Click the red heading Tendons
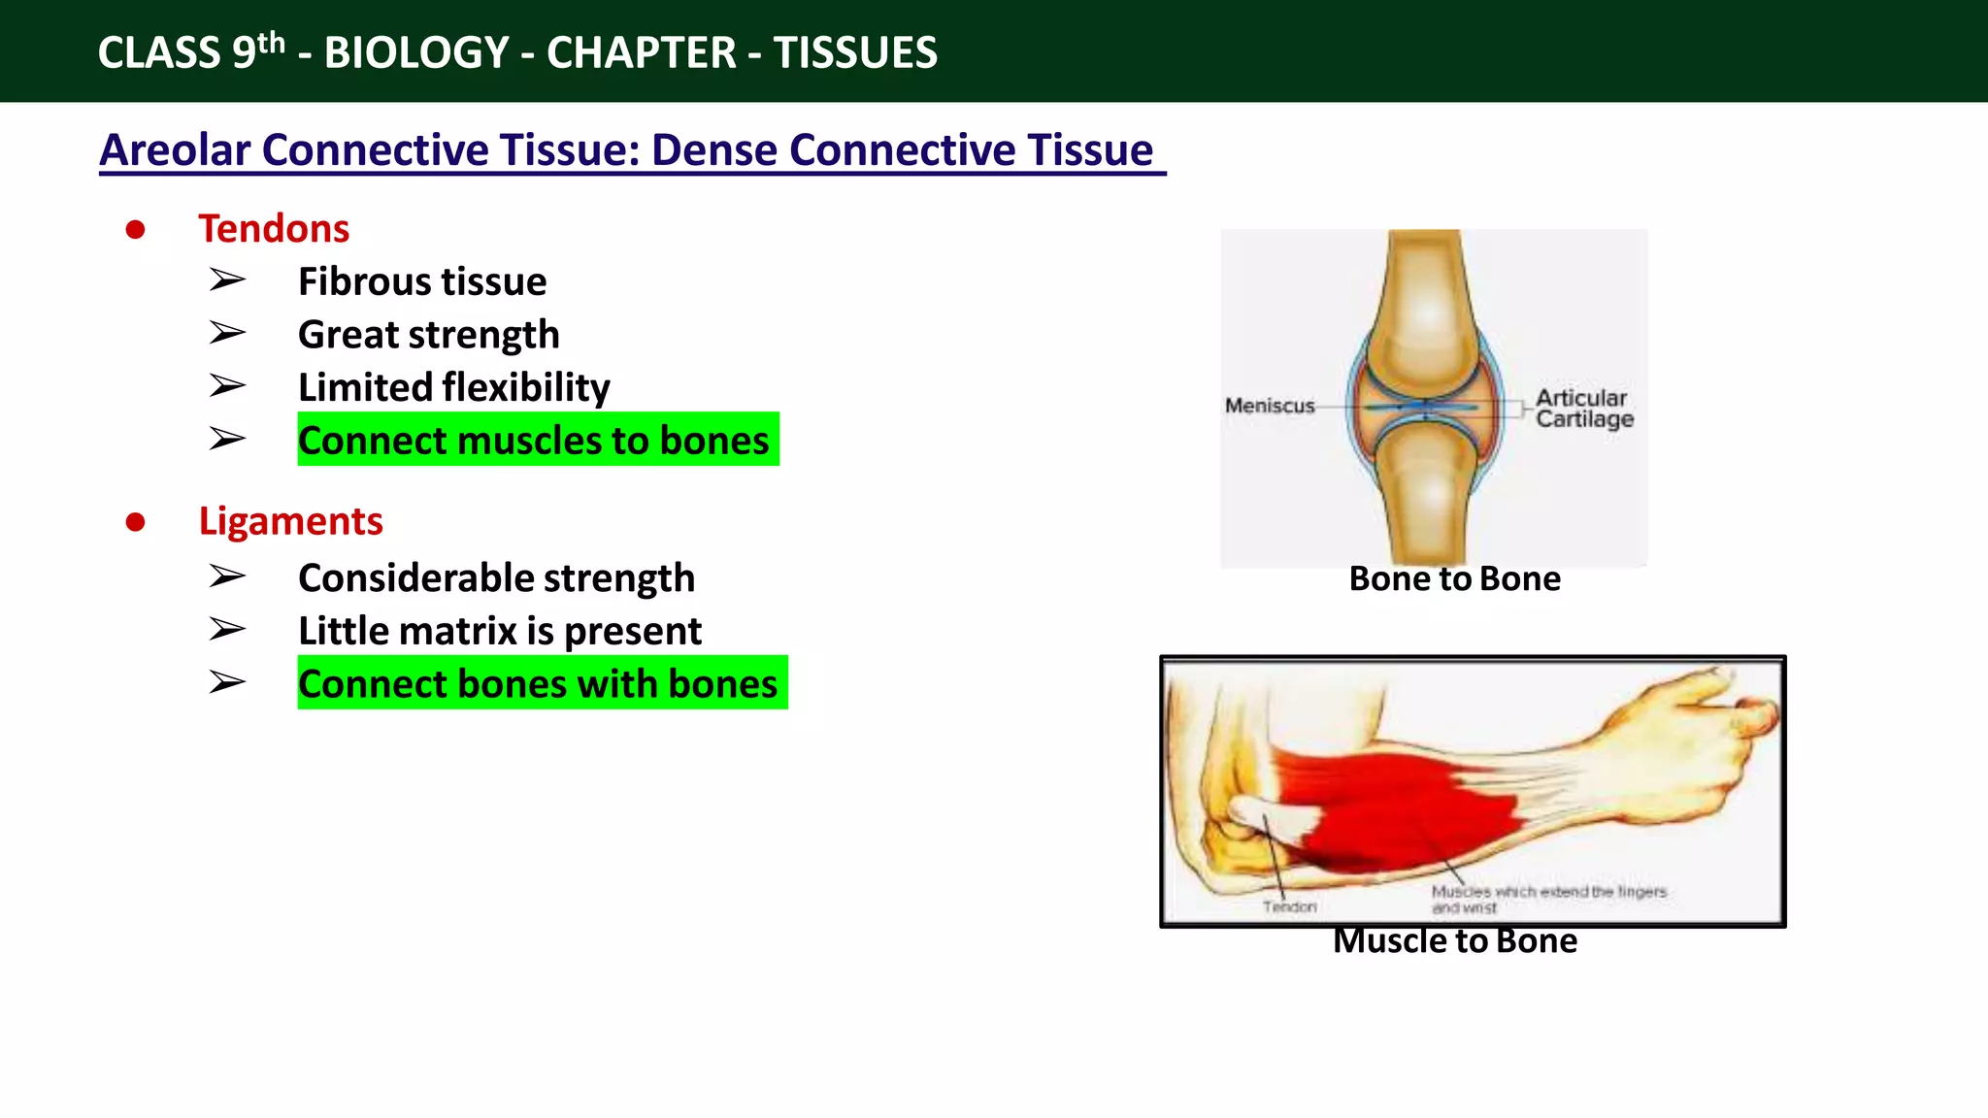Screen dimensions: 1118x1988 tap(274, 229)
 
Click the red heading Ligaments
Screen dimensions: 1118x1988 tap(290, 521)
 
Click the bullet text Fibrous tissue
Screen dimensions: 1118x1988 tap(422, 281)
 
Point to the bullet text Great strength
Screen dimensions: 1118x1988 tap(428, 335)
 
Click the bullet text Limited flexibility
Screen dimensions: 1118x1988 tap(453, 387)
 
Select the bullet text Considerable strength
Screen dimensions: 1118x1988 tap(496, 578)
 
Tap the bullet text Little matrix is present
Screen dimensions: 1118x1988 tap(499, 631)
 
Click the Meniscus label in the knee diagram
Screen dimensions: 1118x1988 tap(1269, 406)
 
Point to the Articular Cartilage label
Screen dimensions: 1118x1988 tap(1583, 409)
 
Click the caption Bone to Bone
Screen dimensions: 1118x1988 tap(1454, 579)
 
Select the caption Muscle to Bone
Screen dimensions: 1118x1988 tap(1454, 940)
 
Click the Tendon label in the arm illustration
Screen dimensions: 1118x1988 tap(1289, 906)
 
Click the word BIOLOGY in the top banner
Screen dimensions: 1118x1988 tap(416, 52)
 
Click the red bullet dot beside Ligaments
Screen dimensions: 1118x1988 tap(136, 522)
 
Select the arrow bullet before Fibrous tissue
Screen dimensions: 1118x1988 tap(227, 280)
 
